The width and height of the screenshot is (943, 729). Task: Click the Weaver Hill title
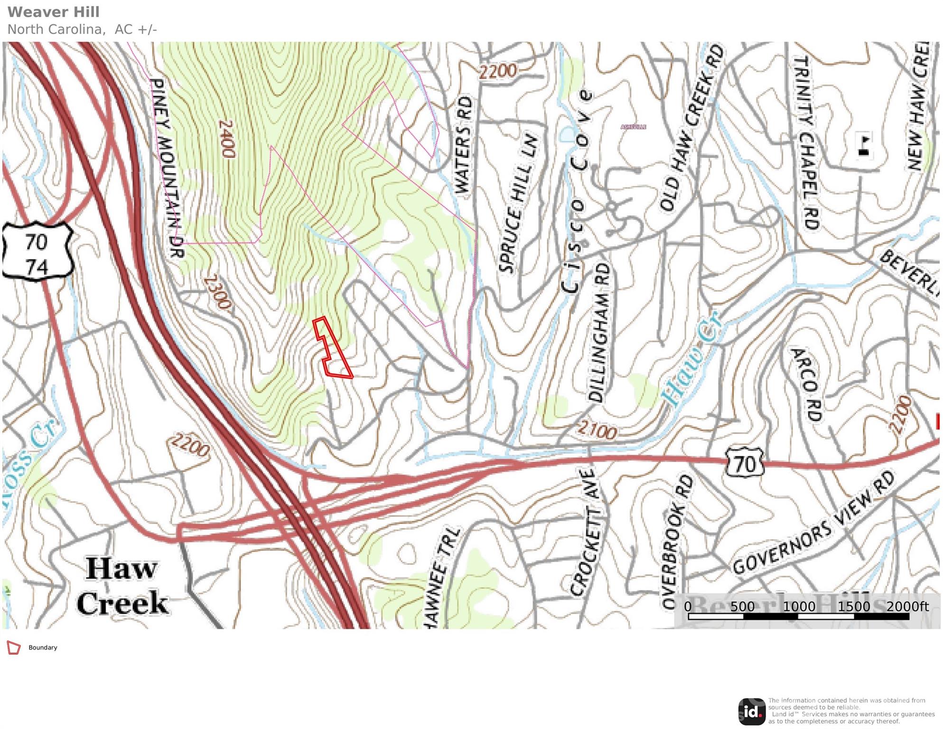[x=54, y=12]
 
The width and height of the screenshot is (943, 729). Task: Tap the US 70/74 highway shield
[x=37, y=250]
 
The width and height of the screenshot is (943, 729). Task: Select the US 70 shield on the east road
[x=744, y=463]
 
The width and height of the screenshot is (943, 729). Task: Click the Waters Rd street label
[x=464, y=145]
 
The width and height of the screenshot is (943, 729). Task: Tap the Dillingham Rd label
[x=598, y=332]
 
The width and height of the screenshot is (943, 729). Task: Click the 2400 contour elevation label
[x=226, y=139]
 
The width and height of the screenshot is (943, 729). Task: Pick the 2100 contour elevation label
[x=597, y=430]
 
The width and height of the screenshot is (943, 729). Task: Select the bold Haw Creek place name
[x=122, y=586]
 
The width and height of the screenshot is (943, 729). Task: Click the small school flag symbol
[x=864, y=145]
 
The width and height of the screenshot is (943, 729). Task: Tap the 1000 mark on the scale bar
[x=799, y=607]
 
